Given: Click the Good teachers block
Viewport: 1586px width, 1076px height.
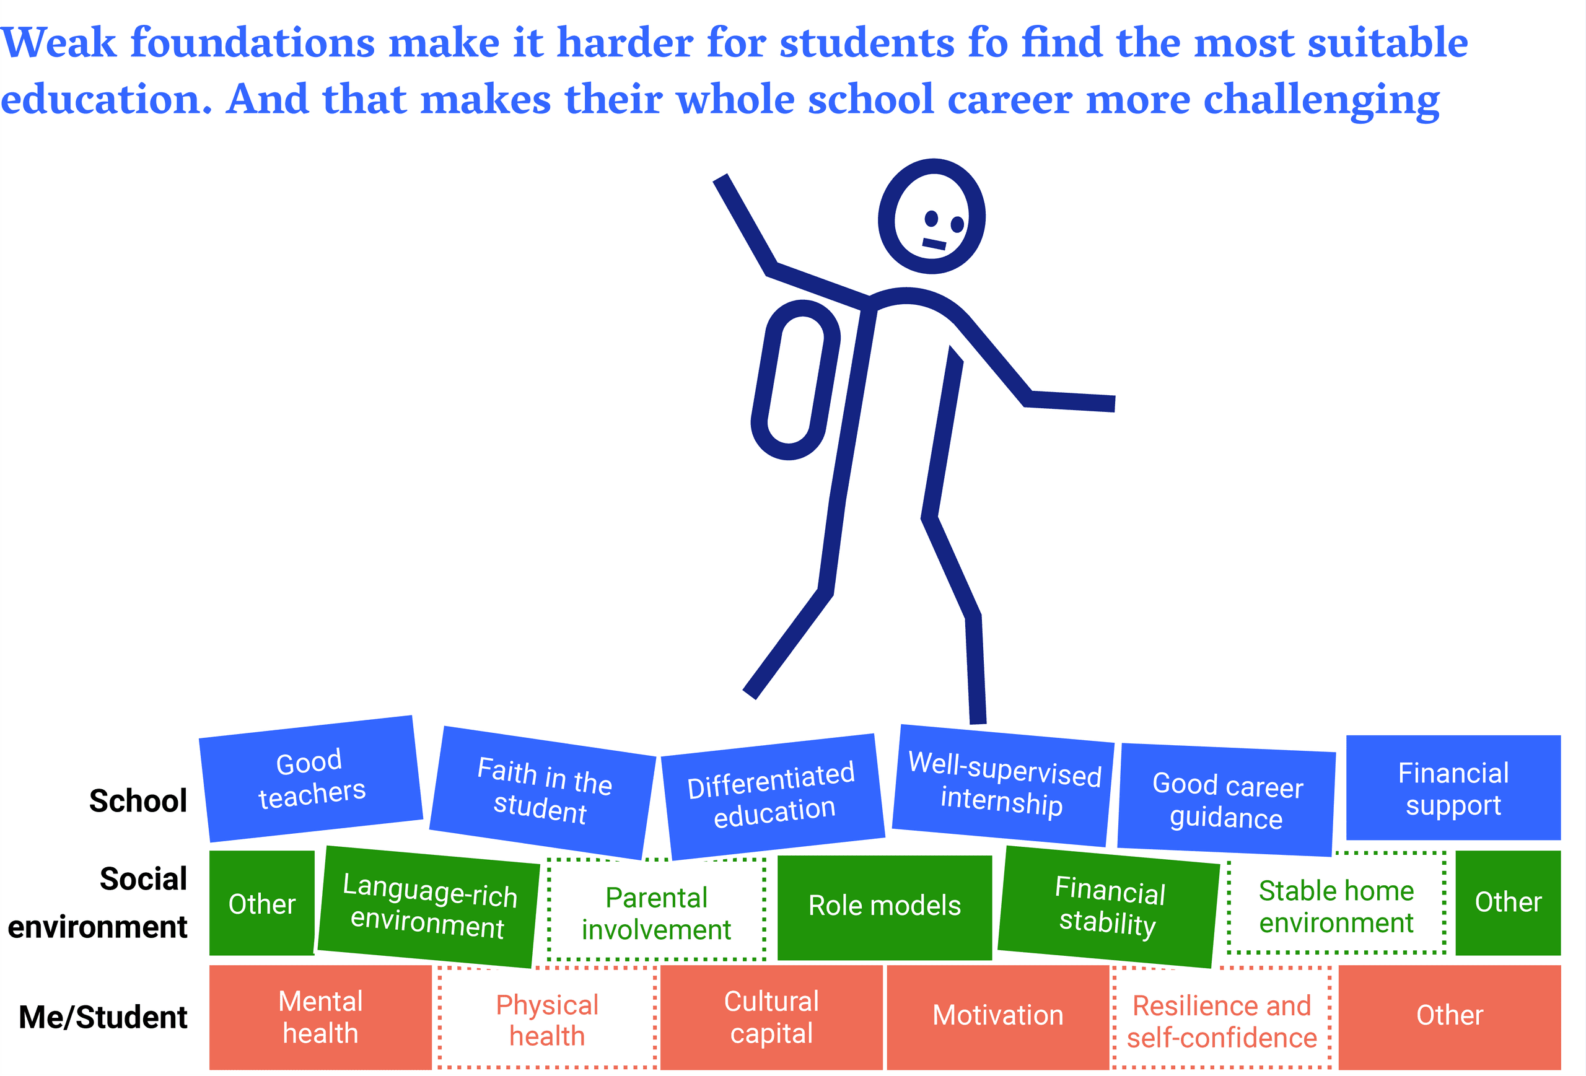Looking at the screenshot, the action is pyautogui.click(x=310, y=779).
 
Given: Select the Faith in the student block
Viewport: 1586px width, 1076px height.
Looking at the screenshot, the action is pyautogui.click(x=543, y=792).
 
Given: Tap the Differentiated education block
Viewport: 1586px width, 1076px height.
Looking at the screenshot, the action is pyautogui.click(x=773, y=796).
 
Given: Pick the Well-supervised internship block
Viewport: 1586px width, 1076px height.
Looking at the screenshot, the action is pyautogui.click(x=1003, y=785).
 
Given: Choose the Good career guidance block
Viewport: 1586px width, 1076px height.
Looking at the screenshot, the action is pyautogui.click(x=1226, y=800).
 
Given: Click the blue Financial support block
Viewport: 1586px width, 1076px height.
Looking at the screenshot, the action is pyautogui.click(x=1453, y=787).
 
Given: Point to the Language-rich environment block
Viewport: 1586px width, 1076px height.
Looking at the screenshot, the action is pyautogui.click(x=429, y=907).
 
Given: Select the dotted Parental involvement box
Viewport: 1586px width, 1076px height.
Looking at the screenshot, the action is pyautogui.click(x=656, y=913).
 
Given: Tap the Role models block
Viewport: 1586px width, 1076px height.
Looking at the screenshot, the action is pyautogui.click(x=885, y=908).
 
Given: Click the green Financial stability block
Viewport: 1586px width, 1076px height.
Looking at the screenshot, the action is pyautogui.click(x=1108, y=907).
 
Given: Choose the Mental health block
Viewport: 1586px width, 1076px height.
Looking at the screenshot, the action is pyautogui.click(x=320, y=1017).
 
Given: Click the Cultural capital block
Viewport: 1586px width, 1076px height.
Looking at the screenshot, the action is pyautogui.click(x=771, y=1017).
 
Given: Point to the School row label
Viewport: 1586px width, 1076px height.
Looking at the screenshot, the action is pyautogui.click(x=138, y=800).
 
